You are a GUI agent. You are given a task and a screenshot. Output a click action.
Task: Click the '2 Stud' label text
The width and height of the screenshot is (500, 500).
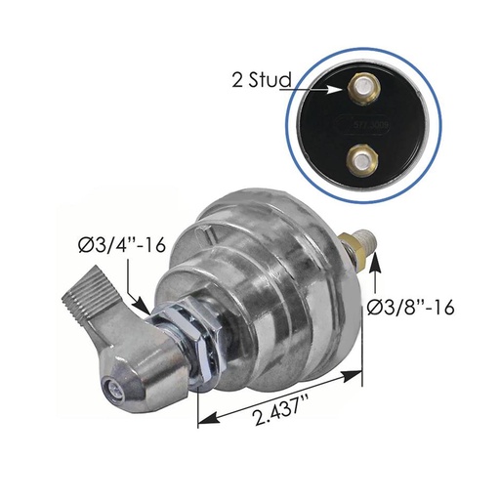coord(262,80)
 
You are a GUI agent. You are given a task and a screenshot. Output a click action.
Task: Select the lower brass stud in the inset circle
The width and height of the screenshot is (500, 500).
coord(361,160)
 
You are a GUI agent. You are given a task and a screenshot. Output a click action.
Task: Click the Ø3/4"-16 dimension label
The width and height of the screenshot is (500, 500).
coord(122,245)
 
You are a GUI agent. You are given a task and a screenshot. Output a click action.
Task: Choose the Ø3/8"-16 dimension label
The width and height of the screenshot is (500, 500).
coord(411,307)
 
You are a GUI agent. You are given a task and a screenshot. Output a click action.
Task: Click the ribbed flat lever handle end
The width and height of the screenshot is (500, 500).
coord(86,305)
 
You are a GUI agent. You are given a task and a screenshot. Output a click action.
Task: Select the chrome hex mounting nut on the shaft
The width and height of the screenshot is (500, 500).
coord(195,345)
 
